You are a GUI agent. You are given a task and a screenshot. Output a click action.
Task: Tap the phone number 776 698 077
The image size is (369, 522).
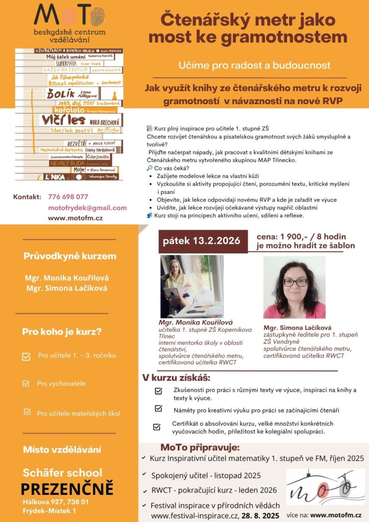[x=68, y=197]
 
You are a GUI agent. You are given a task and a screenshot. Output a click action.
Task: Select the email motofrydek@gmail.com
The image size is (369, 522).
[x=87, y=207]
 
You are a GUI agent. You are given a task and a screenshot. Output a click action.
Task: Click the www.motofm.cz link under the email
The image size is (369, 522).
[x=75, y=218]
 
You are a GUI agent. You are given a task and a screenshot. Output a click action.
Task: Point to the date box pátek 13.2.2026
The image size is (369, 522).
[x=201, y=241]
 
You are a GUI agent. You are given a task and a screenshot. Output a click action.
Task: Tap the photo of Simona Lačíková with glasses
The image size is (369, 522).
[x=294, y=287]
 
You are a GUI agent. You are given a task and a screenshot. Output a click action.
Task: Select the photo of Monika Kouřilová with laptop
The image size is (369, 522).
[x=192, y=286]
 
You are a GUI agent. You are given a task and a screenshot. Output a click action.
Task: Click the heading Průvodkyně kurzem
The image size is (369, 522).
[x=70, y=256]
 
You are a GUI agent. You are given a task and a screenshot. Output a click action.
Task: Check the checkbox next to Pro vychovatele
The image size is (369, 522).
[x=26, y=383]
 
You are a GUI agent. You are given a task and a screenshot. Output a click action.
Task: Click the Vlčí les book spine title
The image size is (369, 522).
[x=63, y=120]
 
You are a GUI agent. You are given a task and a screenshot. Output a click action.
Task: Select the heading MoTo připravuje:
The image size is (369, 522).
[x=200, y=448]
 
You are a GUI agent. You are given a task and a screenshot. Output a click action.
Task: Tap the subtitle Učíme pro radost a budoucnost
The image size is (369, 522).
[x=254, y=65]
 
